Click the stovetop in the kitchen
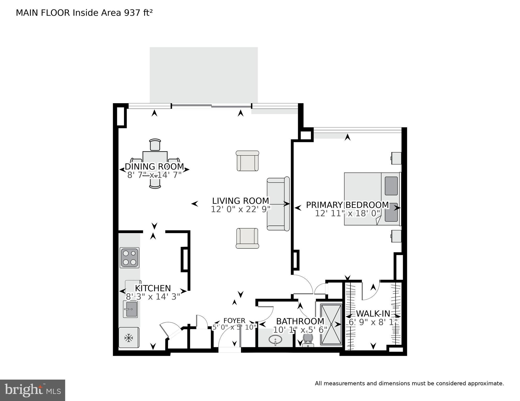(130, 258)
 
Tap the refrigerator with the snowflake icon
(128, 338)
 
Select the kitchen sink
(130, 309)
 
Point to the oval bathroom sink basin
(275, 340)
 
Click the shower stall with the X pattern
(331, 324)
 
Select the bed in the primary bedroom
(372, 199)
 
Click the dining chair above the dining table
(155, 145)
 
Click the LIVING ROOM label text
(241, 201)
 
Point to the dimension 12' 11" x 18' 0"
(347, 213)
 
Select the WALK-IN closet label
(373, 313)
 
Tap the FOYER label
(234, 321)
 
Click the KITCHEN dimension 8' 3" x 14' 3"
(153, 297)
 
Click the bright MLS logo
(32, 390)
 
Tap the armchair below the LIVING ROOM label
(247, 238)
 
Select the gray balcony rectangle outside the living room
(204, 75)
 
